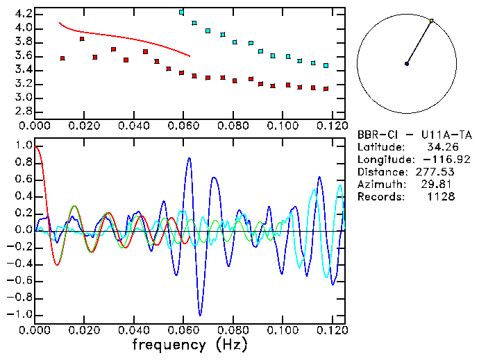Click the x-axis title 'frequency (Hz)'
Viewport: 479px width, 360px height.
coord(189,344)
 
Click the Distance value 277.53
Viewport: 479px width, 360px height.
coord(437,172)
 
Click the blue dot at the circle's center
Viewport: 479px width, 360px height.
coord(407,64)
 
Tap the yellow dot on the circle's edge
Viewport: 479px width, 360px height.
coord(432,21)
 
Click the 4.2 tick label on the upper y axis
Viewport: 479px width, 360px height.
coord(22,14)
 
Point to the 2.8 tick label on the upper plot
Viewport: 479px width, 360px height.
coord(22,111)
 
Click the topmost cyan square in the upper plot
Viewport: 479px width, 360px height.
coord(181,12)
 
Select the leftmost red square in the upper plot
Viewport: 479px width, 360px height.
coord(62,58)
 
